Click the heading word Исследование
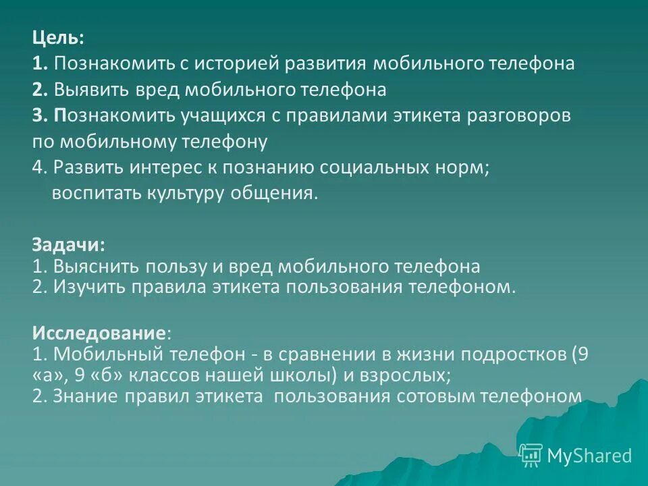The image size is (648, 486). click(99, 333)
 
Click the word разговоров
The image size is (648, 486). click(514, 115)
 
